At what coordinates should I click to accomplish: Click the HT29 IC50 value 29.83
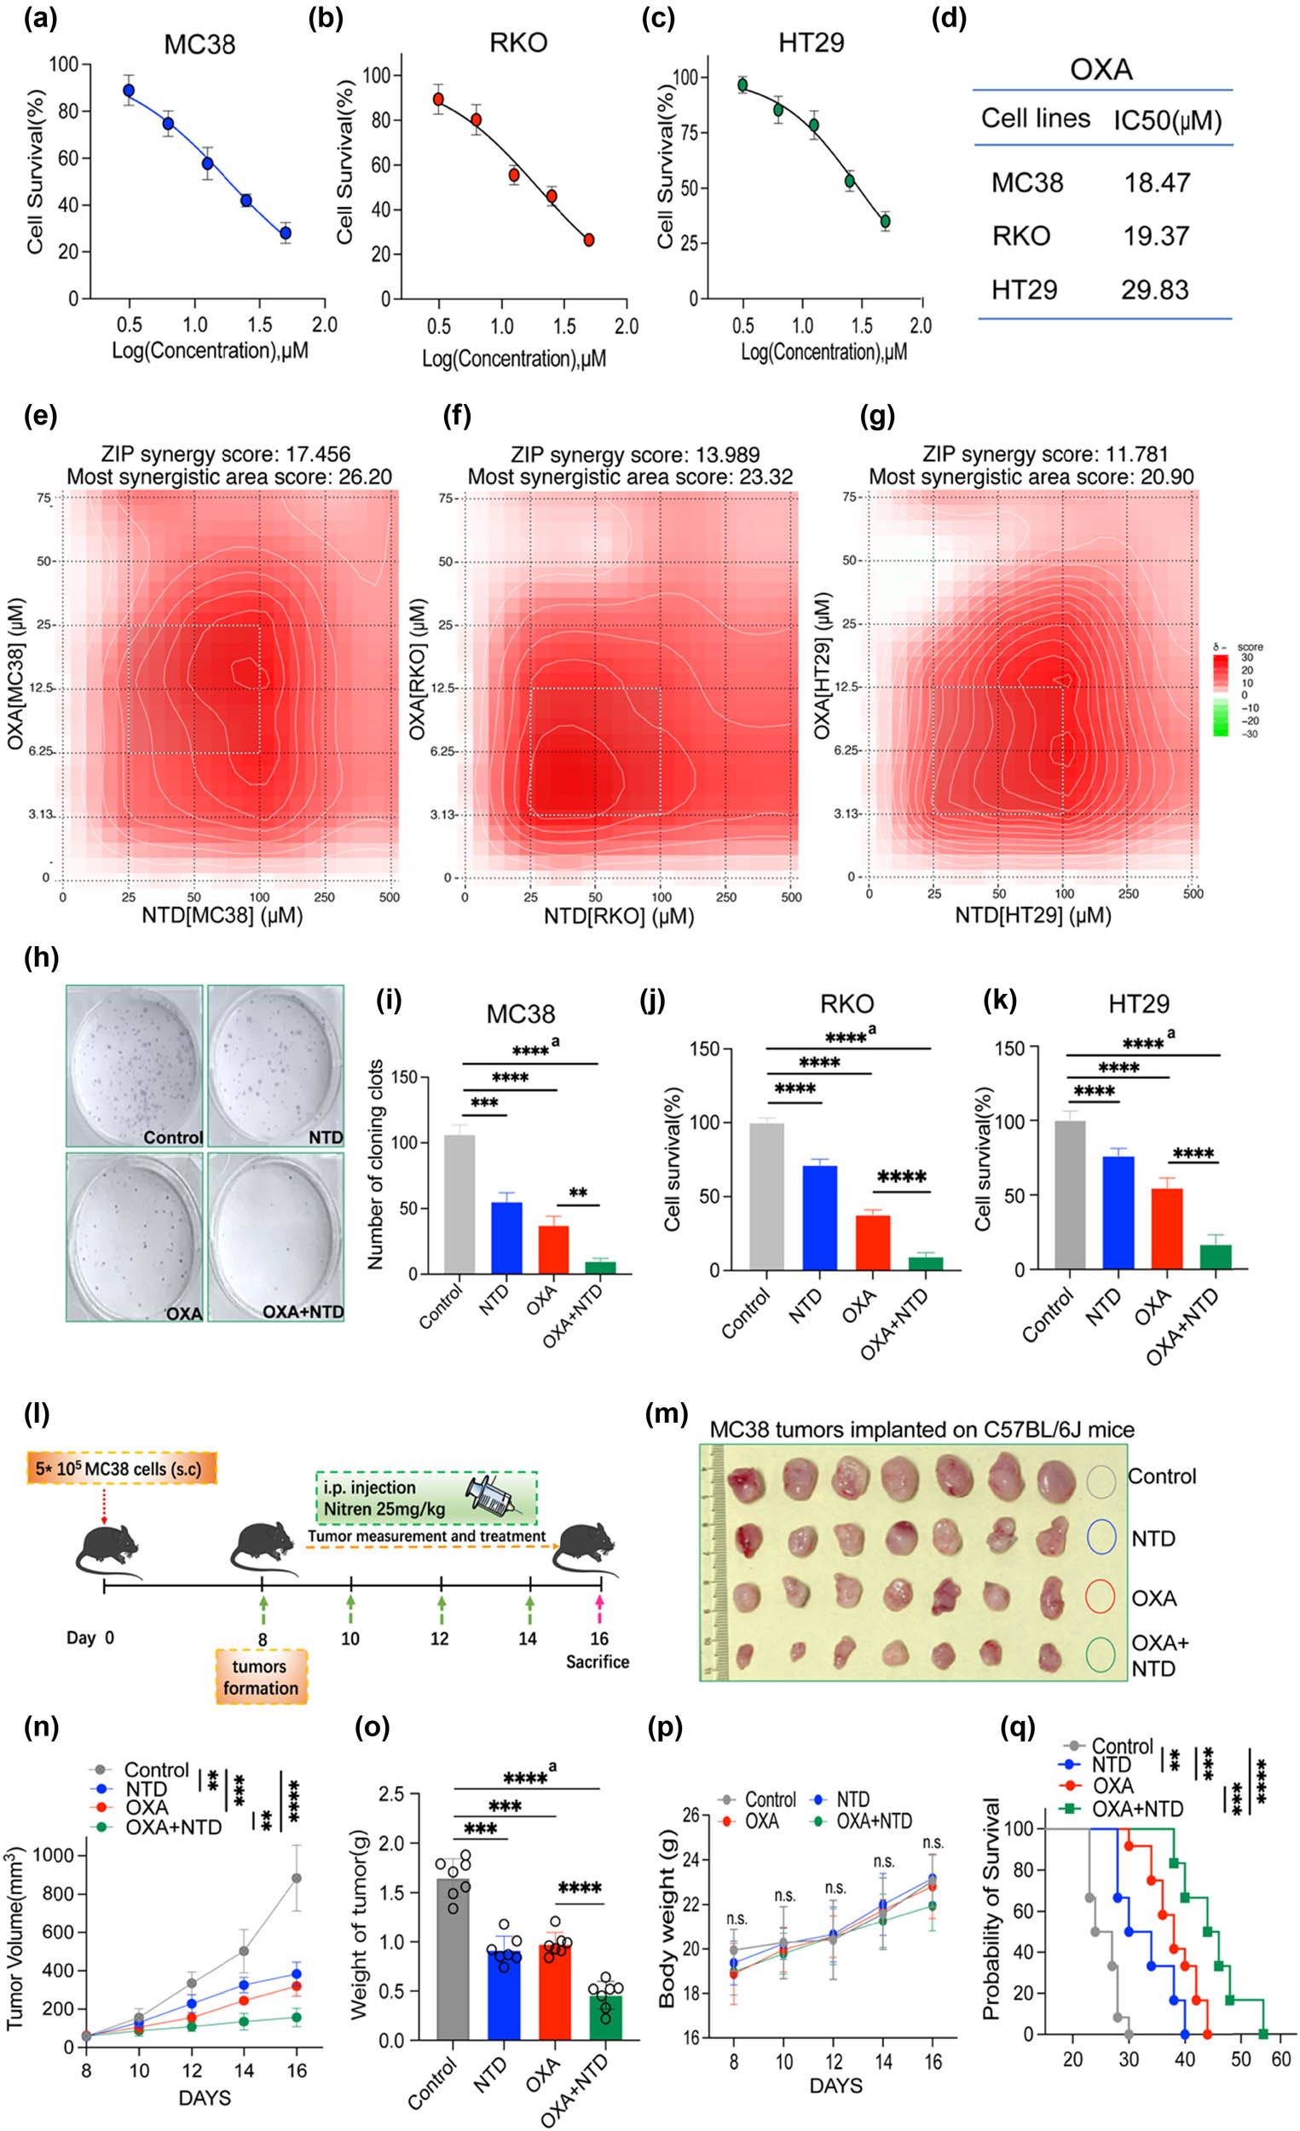point(1155,290)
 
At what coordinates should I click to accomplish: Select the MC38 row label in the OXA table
point(1026,182)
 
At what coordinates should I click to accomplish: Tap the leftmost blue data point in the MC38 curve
point(129,90)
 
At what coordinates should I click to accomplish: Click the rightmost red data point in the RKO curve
point(589,240)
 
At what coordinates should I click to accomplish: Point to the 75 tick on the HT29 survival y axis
point(688,132)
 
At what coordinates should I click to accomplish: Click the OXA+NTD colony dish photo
point(275,1234)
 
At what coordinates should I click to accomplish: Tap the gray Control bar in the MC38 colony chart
point(459,1204)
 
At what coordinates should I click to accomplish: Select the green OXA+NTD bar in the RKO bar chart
point(926,1262)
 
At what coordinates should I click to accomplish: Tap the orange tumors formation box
point(260,1676)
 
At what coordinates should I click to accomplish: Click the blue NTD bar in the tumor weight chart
point(504,1982)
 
